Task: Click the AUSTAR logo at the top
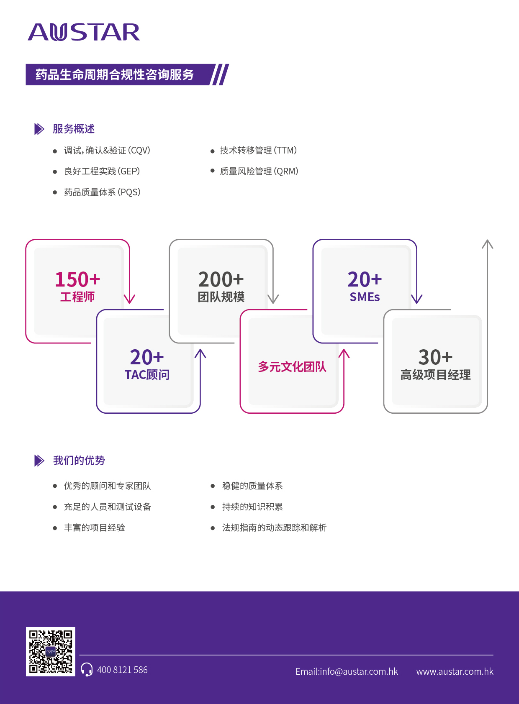click(84, 33)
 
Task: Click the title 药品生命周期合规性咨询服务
click(115, 74)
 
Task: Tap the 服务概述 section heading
click(74, 129)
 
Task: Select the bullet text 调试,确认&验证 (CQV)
click(107, 151)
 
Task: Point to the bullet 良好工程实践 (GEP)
click(102, 172)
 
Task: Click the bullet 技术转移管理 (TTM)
click(258, 151)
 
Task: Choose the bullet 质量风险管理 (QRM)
click(259, 172)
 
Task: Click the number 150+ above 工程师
click(77, 279)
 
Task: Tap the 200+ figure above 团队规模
click(221, 279)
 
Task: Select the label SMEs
click(365, 297)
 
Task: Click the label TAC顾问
click(147, 375)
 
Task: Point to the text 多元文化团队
click(292, 367)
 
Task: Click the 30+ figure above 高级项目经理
click(435, 357)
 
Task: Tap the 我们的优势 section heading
click(79, 461)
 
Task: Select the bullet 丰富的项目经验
click(95, 528)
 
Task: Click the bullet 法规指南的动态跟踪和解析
click(274, 528)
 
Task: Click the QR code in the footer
click(51, 651)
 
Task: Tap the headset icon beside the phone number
click(87, 669)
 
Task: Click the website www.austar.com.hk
click(455, 671)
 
